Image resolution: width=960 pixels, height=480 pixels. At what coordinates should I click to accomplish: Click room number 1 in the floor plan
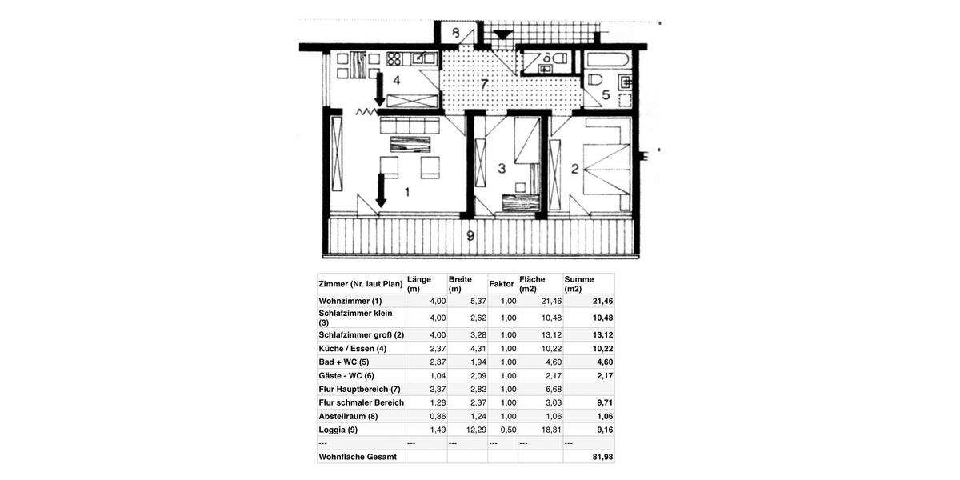(407, 192)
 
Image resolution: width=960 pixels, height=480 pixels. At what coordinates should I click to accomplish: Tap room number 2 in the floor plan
(574, 169)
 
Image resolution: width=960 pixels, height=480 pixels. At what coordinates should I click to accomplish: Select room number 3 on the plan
(502, 169)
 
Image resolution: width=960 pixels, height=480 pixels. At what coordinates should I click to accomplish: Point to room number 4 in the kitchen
(396, 80)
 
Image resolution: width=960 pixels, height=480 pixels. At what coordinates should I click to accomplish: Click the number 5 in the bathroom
(606, 95)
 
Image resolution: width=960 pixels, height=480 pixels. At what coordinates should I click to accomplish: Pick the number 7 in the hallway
(484, 84)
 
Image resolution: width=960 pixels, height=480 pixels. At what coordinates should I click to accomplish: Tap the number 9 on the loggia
(470, 236)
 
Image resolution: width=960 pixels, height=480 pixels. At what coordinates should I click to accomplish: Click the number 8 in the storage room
(455, 34)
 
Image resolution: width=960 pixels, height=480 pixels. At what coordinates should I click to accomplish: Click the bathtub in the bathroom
(608, 59)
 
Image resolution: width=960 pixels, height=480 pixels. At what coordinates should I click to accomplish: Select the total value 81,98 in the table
(602, 457)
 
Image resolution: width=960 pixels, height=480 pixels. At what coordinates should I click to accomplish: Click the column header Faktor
(502, 284)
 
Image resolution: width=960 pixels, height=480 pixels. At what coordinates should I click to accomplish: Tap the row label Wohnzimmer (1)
(350, 302)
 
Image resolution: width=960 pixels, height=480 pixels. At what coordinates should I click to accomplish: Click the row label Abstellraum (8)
(348, 416)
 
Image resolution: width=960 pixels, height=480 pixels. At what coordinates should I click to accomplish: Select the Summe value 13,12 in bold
(602, 335)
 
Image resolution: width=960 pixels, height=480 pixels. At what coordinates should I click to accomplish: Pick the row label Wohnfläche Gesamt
(358, 457)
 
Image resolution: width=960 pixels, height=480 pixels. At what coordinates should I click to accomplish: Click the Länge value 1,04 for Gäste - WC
(438, 376)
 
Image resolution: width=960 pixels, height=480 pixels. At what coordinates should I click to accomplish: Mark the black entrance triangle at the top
(502, 34)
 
